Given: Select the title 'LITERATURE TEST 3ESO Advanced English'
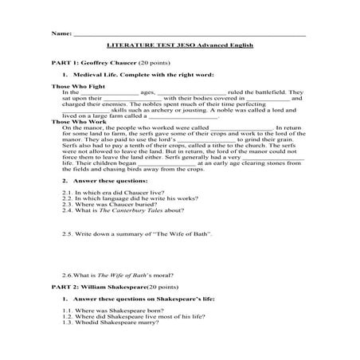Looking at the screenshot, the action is point(179,47).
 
